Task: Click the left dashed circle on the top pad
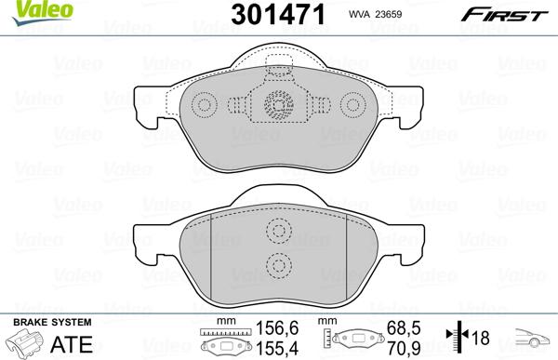tap(205, 104)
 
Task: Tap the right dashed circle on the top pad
tap(352, 104)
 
